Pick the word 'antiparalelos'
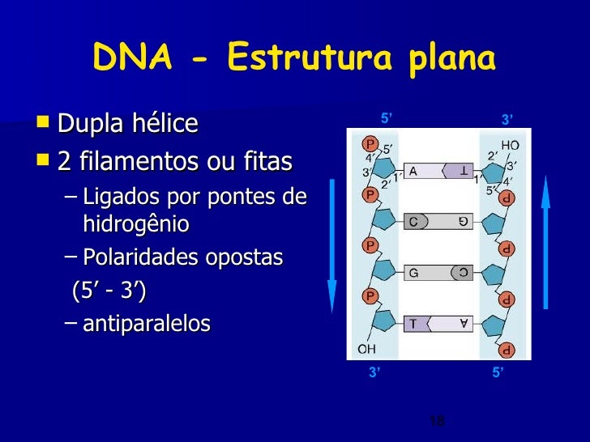(146, 324)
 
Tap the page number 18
(436, 421)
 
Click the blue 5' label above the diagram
(387, 120)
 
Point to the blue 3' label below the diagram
(374, 373)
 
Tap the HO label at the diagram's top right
(510, 146)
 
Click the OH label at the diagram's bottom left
(367, 349)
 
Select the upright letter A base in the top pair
(413, 171)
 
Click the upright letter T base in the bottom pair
(413, 324)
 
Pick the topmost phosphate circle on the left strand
(370, 144)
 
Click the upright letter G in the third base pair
(413, 273)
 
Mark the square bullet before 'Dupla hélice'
(43, 123)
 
